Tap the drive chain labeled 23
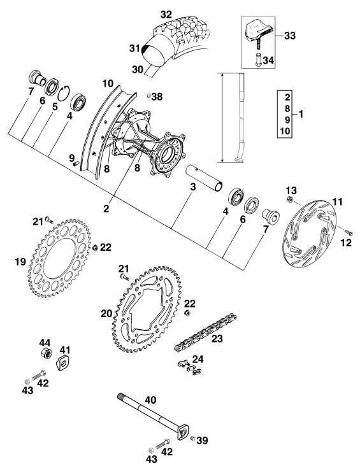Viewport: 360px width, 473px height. point(205,332)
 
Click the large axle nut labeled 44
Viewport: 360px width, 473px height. point(46,353)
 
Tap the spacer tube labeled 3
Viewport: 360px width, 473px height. point(204,177)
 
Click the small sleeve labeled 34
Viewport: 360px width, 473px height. point(258,60)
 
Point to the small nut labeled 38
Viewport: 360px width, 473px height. point(148,95)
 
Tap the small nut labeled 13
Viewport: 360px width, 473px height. point(289,199)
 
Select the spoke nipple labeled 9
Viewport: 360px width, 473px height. point(75,164)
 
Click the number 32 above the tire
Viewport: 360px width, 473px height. point(166,14)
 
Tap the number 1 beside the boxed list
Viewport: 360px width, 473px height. point(301,114)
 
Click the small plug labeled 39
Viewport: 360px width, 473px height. point(192,439)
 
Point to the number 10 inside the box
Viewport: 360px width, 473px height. point(285,131)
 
